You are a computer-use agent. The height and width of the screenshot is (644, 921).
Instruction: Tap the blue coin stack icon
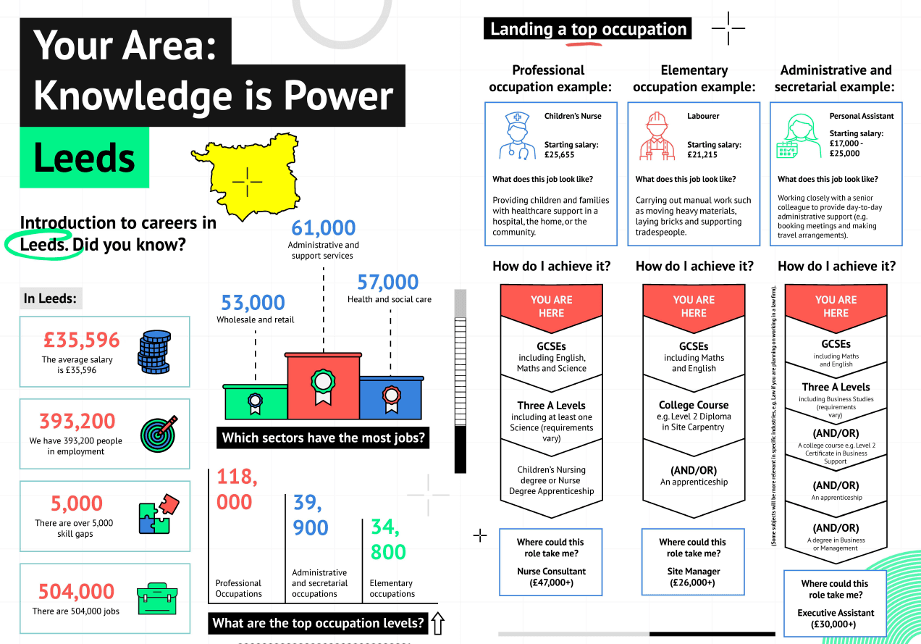pyautogui.click(x=154, y=352)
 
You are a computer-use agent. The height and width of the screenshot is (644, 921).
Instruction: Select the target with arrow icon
pyautogui.click(x=159, y=434)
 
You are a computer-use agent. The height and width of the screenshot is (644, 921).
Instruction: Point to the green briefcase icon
pyautogui.click(x=157, y=599)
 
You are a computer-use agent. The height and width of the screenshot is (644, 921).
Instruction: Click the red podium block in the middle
pyautogui.click(x=323, y=385)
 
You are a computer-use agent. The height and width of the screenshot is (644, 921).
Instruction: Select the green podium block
pyautogui.click(x=256, y=402)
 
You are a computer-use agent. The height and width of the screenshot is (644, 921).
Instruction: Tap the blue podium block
pyautogui.click(x=391, y=398)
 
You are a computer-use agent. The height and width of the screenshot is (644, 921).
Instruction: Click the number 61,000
pyautogui.click(x=323, y=227)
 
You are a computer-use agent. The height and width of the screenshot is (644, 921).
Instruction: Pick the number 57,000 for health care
pyautogui.click(x=387, y=282)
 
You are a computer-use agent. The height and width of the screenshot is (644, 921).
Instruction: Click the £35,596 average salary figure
pyautogui.click(x=81, y=340)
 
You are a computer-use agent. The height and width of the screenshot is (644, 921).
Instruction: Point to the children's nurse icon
pyautogui.click(x=518, y=135)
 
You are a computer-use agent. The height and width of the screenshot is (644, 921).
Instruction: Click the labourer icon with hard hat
pyautogui.click(x=657, y=136)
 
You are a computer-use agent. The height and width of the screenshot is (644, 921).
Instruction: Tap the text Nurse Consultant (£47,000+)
pyautogui.click(x=551, y=577)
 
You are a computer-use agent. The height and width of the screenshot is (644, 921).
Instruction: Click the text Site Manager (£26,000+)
pyautogui.click(x=693, y=577)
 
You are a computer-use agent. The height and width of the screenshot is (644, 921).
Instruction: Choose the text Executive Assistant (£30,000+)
pyautogui.click(x=836, y=619)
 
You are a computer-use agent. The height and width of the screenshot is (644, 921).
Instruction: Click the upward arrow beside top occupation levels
pyautogui.click(x=438, y=624)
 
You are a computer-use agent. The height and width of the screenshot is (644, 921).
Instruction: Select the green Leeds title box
pyautogui.click(x=84, y=157)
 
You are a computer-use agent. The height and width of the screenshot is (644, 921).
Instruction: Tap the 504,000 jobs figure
pyautogui.click(x=77, y=591)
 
